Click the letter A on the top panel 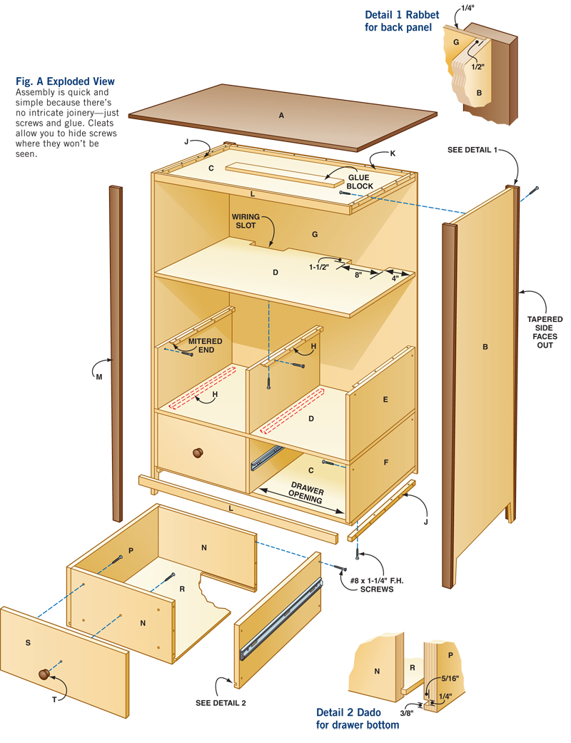pos(281,115)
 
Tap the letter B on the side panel pos(485,348)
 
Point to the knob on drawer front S pos(44,673)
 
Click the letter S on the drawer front pos(28,643)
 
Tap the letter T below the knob pos(54,700)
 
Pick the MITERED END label pos(205,345)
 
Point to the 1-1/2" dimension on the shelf pos(319,268)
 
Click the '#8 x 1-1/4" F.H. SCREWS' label pos(367,585)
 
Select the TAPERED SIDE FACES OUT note pos(545,333)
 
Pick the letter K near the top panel pos(393,153)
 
